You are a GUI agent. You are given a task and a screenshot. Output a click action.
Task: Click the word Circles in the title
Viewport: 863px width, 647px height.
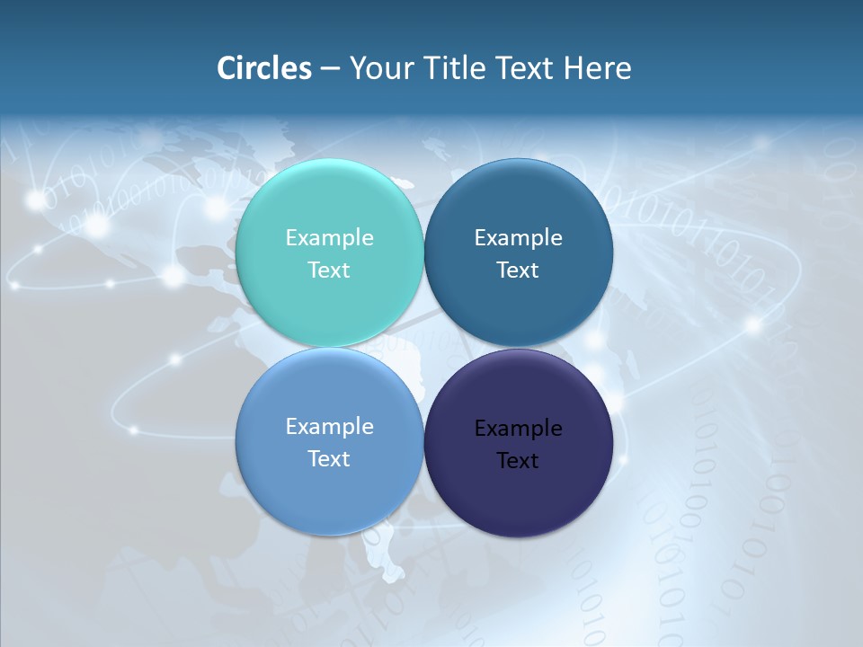tap(264, 68)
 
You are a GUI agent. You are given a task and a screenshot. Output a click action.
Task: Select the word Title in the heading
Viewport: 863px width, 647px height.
tap(458, 68)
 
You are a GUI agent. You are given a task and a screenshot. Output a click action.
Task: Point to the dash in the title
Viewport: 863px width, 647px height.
tap(330, 69)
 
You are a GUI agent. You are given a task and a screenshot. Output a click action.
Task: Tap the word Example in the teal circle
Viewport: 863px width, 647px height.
tap(329, 237)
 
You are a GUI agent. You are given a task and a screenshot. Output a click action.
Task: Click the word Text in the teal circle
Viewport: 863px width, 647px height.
tap(329, 270)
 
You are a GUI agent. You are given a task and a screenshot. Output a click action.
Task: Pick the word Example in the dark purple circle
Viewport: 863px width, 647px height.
tap(519, 428)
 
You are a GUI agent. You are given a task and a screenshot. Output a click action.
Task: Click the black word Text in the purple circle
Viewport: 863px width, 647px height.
tap(518, 460)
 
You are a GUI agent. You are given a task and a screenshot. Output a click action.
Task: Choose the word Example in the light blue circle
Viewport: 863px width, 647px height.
tap(329, 426)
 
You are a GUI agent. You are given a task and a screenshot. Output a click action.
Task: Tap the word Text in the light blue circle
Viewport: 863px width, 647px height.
tap(329, 458)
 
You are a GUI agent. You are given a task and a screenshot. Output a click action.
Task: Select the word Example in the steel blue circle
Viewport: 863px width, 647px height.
tap(519, 237)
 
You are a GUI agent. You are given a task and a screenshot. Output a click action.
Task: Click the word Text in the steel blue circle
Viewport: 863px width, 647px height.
tap(518, 270)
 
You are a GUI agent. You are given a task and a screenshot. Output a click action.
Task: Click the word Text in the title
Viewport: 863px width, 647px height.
tap(526, 68)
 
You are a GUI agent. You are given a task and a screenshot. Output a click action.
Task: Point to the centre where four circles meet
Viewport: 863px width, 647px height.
tap(423, 348)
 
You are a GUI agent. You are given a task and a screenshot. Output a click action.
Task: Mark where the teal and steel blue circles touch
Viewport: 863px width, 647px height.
tap(423, 253)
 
